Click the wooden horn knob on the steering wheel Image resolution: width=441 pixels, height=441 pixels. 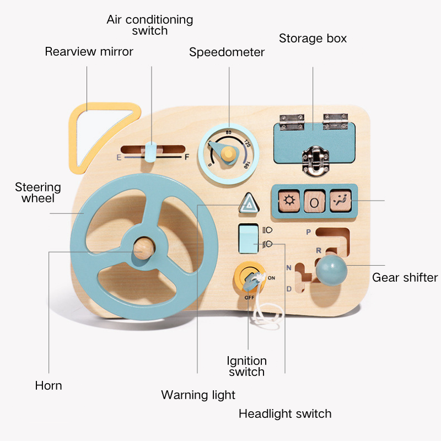pyautogui.click(x=144, y=249)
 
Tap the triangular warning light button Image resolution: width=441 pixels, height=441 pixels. pyautogui.click(x=249, y=203)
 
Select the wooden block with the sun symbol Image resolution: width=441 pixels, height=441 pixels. pyautogui.click(x=289, y=201)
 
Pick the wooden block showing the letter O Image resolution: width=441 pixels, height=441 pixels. pyautogui.click(x=314, y=201)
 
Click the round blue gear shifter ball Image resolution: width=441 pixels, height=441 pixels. pyautogui.click(x=331, y=270)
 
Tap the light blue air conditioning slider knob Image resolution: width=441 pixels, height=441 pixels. pyautogui.click(x=150, y=152)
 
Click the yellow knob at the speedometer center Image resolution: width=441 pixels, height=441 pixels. pyautogui.click(x=228, y=154)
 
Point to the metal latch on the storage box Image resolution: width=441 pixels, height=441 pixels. pyautogui.click(x=315, y=160)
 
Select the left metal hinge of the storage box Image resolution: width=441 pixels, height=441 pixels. pyautogui.click(x=292, y=122)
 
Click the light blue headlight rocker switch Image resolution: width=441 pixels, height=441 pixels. pyautogui.click(x=249, y=239)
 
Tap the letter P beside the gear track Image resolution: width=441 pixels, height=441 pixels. pyautogui.click(x=309, y=232)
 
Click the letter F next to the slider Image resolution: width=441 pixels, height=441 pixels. pyautogui.click(x=187, y=157)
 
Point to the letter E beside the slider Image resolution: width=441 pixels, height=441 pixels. pyautogui.click(x=119, y=158)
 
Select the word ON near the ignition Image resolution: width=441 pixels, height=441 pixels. pyautogui.click(x=271, y=278)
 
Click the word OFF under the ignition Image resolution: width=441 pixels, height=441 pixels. pyautogui.click(x=249, y=298)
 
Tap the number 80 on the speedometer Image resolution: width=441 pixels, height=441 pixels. pyautogui.click(x=228, y=132)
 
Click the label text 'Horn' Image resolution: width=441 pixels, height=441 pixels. pyautogui.click(x=49, y=385)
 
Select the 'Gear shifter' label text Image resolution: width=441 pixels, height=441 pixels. pyautogui.click(x=405, y=278)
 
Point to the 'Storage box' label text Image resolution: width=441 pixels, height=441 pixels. pyautogui.click(x=313, y=38)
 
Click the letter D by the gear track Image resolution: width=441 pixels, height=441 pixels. pyautogui.click(x=289, y=289)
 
